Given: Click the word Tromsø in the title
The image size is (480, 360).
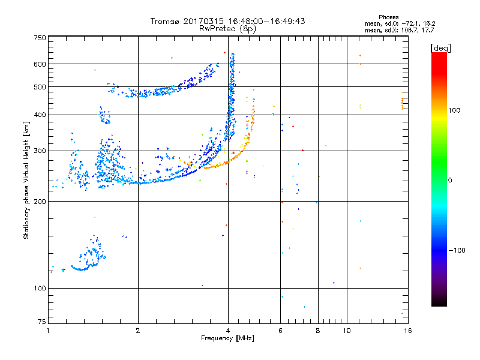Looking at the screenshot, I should tap(165, 21).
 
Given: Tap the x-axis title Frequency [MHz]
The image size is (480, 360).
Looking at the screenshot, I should tap(227, 339).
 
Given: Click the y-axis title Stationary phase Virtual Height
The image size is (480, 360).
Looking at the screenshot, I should tap(26, 180).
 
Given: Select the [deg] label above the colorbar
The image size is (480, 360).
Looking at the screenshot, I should tap(440, 47).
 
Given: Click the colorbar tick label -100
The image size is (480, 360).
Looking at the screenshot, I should tap(457, 250).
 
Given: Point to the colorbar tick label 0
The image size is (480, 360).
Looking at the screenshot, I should tap(451, 180).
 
